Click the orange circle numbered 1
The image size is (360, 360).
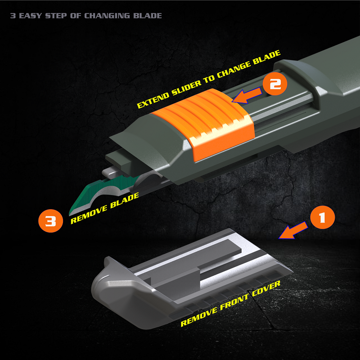pyautogui.click(x=322, y=217)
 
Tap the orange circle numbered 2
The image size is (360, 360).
pyautogui.click(x=275, y=84)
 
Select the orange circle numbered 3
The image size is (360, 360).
pyautogui.click(x=50, y=221)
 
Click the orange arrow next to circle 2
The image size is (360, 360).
pyautogui.click(x=247, y=96)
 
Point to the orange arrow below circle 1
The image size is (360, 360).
pyautogui.click(x=293, y=231)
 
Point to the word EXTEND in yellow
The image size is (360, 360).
pyautogui.click(x=154, y=100)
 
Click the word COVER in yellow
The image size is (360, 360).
pyautogui.click(x=266, y=288)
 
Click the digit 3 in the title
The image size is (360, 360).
pyautogui.click(x=13, y=16)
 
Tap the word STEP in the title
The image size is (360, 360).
pyautogui.click(x=56, y=16)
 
